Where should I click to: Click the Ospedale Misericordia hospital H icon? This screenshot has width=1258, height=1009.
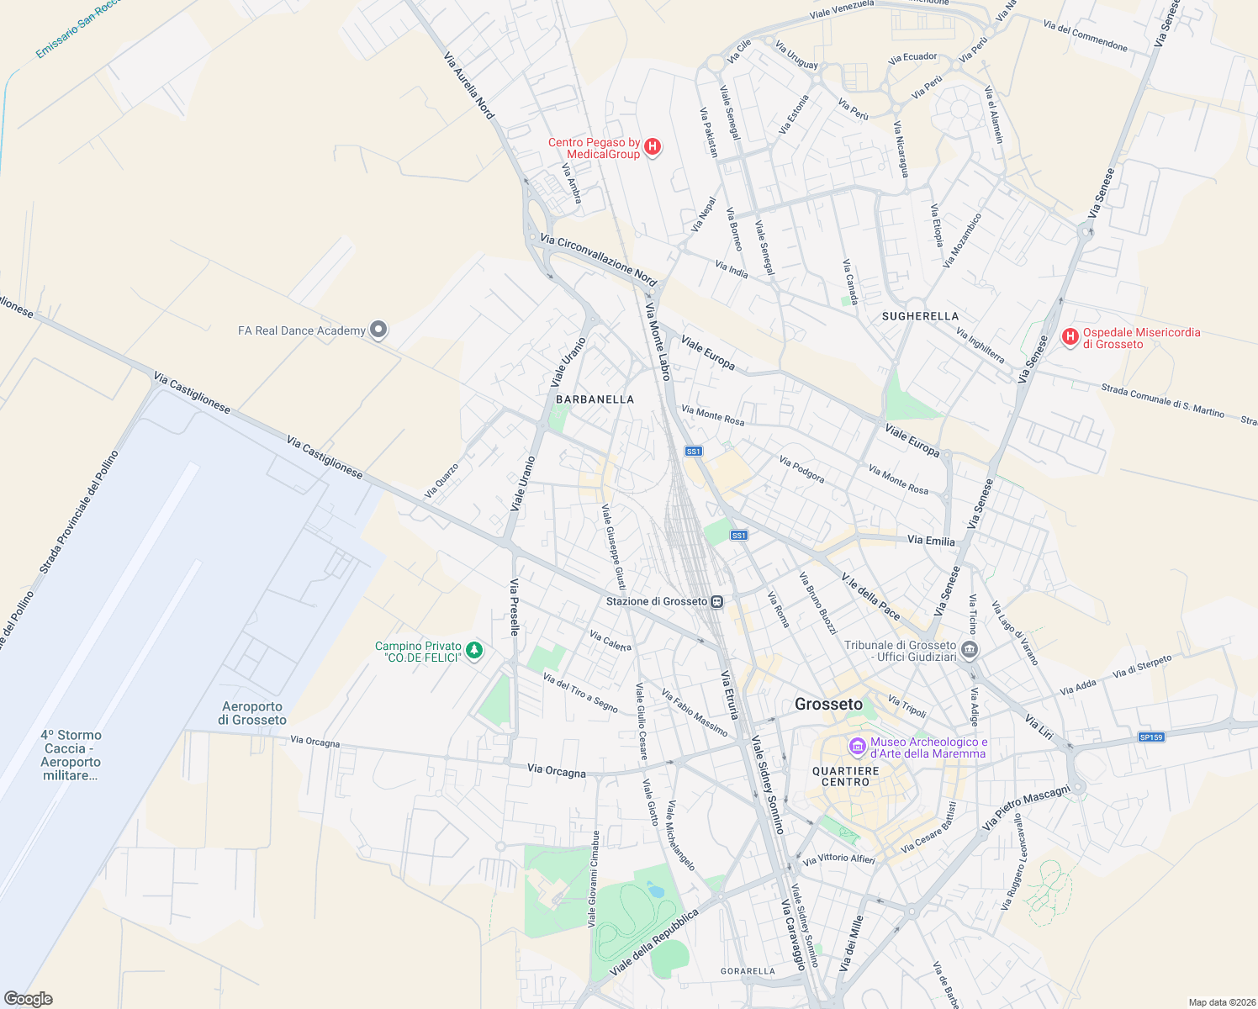pyautogui.click(x=1070, y=337)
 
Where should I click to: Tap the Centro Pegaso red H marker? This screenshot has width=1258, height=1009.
pyautogui.click(x=652, y=148)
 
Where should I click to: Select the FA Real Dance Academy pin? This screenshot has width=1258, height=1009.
pyautogui.click(x=379, y=330)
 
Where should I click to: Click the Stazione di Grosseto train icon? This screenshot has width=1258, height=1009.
pyautogui.click(x=716, y=601)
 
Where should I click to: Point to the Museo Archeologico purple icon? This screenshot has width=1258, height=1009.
pyautogui.click(x=857, y=746)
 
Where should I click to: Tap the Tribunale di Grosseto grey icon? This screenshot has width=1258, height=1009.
pyautogui.click(x=970, y=650)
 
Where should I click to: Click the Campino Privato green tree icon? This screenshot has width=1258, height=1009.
pyautogui.click(x=474, y=651)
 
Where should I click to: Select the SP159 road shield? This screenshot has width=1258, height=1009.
pyautogui.click(x=1150, y=737)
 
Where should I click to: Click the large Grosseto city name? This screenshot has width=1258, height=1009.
pyautogui.click(x=828, y=705)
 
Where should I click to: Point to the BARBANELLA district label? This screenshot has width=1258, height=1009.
pyautogui.click(x=595, y=399)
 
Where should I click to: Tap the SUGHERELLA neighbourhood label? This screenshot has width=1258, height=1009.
pyautogui.click(x=920, y=316)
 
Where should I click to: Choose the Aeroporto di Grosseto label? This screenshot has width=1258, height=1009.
pyautogui.click(x=252, y=713)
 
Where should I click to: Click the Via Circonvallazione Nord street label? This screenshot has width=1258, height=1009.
pyautogui.click(x=598, y=260)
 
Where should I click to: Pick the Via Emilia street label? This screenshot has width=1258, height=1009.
pyautogui.click(x=931, y=541)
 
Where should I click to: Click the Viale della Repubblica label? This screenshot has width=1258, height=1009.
pyautogui.click(x=653, y=943)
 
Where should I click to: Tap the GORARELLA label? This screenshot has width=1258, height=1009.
pyautogui.click(x=748, y=971)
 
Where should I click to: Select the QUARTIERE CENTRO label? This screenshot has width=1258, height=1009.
pyautogui.click(x=845, y=776)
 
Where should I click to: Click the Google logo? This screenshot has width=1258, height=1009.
pyautogui.click(x=28, y=999)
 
